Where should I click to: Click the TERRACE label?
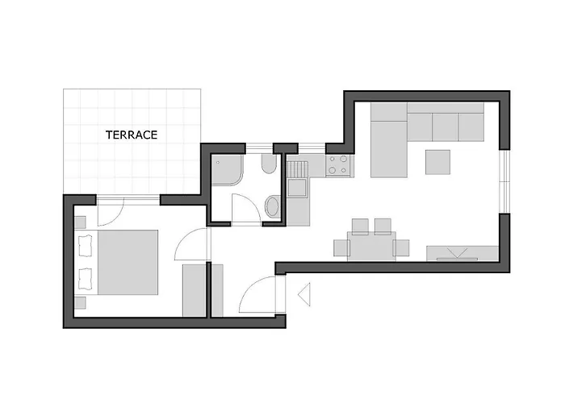132,135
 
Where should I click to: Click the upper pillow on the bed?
85,245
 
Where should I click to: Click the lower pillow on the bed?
85,279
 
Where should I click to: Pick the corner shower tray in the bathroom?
227,170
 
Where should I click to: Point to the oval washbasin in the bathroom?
273,207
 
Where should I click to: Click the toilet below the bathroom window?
269,164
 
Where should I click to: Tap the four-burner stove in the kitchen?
338,165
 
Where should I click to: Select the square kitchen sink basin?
297,188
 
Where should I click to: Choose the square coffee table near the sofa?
437,162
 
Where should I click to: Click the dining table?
371,246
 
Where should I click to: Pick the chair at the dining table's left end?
341,248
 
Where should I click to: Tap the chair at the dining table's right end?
401,248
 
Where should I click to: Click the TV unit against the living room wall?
462,254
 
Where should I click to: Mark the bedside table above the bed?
80,222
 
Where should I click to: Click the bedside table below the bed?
80,302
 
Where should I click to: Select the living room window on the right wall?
504,181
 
